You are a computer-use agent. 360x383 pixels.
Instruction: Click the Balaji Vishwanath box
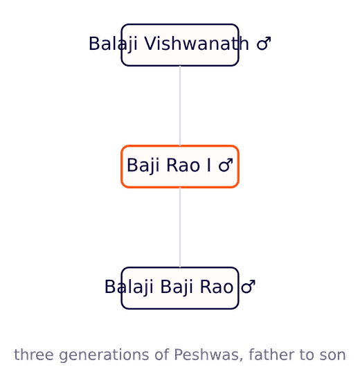[x=180, y=45]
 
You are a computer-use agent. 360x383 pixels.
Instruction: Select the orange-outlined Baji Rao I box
[x=180, y=167]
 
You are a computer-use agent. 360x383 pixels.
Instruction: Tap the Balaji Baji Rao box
[x=180, y=288]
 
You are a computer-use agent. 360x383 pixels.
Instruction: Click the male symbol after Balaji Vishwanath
[x=264, y=44]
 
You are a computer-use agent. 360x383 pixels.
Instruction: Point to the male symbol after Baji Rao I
[x=226, y=166]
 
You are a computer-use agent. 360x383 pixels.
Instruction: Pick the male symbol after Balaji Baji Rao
[x=248, y=287]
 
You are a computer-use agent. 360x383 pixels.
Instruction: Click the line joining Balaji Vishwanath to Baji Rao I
[x=180, y=106]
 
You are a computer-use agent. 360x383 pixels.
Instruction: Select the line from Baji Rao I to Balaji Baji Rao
[x=180, y=227]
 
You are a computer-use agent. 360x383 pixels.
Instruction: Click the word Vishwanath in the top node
[x=197, y=44]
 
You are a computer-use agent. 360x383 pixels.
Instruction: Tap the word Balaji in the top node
[x=113, y=44]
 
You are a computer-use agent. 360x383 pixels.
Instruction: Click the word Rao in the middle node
[x=183, y=166]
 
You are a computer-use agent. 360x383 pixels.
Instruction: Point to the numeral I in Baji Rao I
[x=208, y=165]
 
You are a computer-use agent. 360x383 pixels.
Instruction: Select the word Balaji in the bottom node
[x=129, y=287]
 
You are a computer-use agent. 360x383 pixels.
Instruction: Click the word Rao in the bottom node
[x=217, y=287]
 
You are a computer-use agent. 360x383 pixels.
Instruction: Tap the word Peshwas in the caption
[x=208, y=355]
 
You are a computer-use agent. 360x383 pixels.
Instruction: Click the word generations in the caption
[x=104, y=355]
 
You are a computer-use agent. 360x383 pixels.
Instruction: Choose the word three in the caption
[x=34, y=355]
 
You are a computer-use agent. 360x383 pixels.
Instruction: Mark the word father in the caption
[x=265, y=355]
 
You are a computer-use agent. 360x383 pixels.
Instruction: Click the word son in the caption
[x=334, y=355]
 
